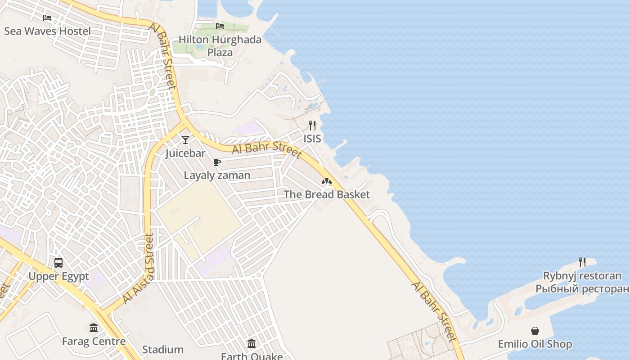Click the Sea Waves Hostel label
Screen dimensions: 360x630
tap(47, 31)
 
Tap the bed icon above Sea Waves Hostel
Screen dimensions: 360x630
tap(47, 18)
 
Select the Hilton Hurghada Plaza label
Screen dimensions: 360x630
tap(220, 46)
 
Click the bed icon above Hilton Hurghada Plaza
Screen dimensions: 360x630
tap(220, 26)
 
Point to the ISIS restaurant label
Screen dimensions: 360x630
tap(312, 139)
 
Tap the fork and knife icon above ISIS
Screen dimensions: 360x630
tap(312, 125)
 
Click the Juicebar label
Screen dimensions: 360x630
tap(185, 153)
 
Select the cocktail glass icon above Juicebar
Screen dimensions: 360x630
tap(185, 140)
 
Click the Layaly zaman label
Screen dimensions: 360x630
tap(217, 175)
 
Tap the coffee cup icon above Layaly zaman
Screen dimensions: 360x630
tap(217, 162)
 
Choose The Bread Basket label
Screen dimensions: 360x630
tap(327, 194)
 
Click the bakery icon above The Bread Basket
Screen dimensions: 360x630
tap(327, 182)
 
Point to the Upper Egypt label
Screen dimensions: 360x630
tap(59, 276)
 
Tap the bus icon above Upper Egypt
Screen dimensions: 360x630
tap(58, 263)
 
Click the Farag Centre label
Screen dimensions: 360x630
tap(94, 341)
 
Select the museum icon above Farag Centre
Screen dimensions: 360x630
tap(94, 328)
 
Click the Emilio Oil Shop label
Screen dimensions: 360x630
tap(535, 344)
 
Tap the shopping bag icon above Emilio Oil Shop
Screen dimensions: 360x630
tap(535, 331)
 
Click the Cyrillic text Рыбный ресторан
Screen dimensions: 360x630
tap(582, 288)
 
